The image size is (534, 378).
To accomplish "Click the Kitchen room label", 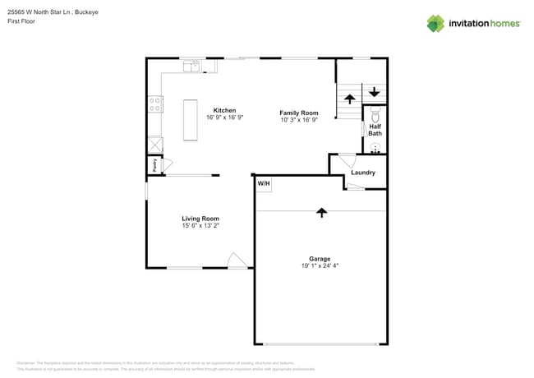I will (224, 110).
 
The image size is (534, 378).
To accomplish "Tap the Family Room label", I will (298, 113).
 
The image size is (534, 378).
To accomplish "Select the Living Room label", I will (200, 219).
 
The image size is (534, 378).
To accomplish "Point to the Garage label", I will (320, 259).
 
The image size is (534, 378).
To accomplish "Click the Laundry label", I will (362, 173).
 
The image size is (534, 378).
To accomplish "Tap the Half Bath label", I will (375, 130).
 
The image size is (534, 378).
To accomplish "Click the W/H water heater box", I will (264, 184).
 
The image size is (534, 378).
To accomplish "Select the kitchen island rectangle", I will (191, 120).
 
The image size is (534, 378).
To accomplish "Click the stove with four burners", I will (154, 104).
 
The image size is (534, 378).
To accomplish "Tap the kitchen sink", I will (191, 65).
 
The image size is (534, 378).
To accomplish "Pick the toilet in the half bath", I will (375, 113).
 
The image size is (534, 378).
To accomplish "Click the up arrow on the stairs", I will (349, 99).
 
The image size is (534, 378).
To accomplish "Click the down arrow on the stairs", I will (375, 92).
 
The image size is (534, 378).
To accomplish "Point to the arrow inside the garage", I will (321, 212).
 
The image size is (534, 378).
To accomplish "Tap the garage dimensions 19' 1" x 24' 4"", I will (320, 266).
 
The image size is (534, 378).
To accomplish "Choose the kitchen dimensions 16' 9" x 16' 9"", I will (224, 118).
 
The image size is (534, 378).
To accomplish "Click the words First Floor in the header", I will (22, 21).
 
